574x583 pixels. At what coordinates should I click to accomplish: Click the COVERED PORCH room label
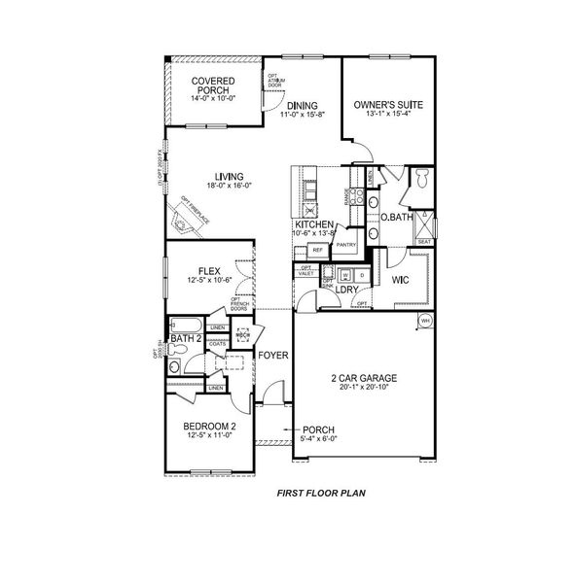coord(211,86)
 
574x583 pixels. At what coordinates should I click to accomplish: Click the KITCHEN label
coord(314,224)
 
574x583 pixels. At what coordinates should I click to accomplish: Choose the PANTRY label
coord(348,245)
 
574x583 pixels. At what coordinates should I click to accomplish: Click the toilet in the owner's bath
coord(422,180)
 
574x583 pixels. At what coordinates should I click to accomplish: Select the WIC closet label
coord(399,279)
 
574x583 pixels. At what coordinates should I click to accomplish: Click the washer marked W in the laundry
coord(329,274)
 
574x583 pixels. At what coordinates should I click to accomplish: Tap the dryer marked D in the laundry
coord(347,274)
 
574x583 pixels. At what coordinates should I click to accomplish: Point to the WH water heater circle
coord(425,321)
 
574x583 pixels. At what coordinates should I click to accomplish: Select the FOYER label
coord(273,356)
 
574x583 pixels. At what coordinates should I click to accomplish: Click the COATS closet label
coord(217,342)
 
